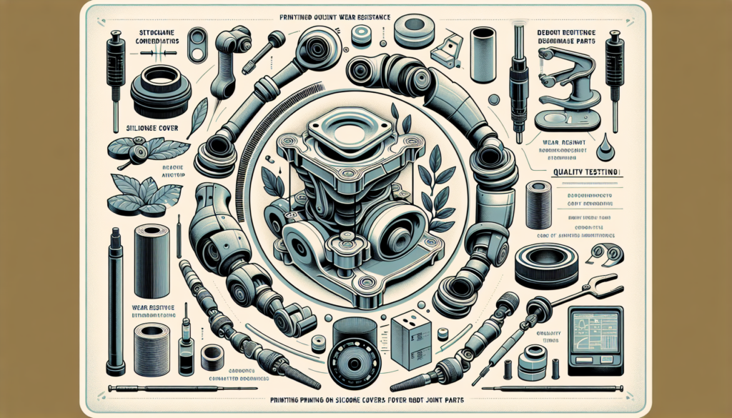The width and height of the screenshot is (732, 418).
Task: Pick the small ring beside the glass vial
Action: [212, 354]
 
